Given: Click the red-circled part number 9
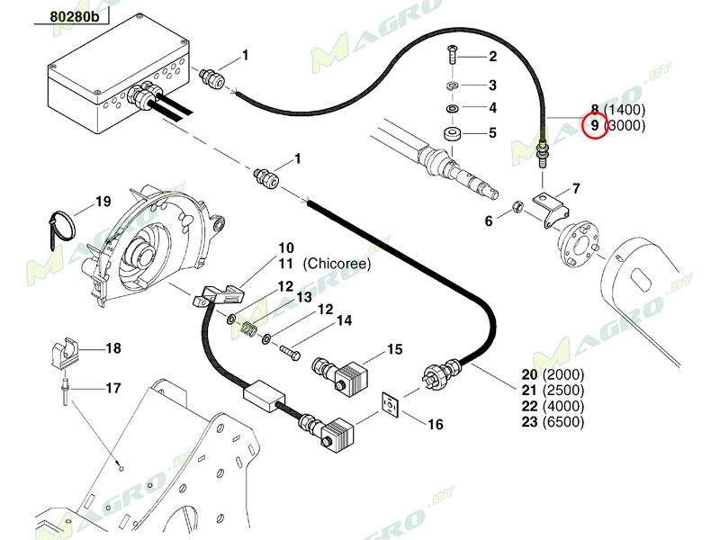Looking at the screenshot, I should pos(593,125).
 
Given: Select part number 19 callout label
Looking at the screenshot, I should pos(103,202).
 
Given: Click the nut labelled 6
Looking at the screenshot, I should pos(518,209).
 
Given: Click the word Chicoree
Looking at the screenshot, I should pos(337,264).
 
